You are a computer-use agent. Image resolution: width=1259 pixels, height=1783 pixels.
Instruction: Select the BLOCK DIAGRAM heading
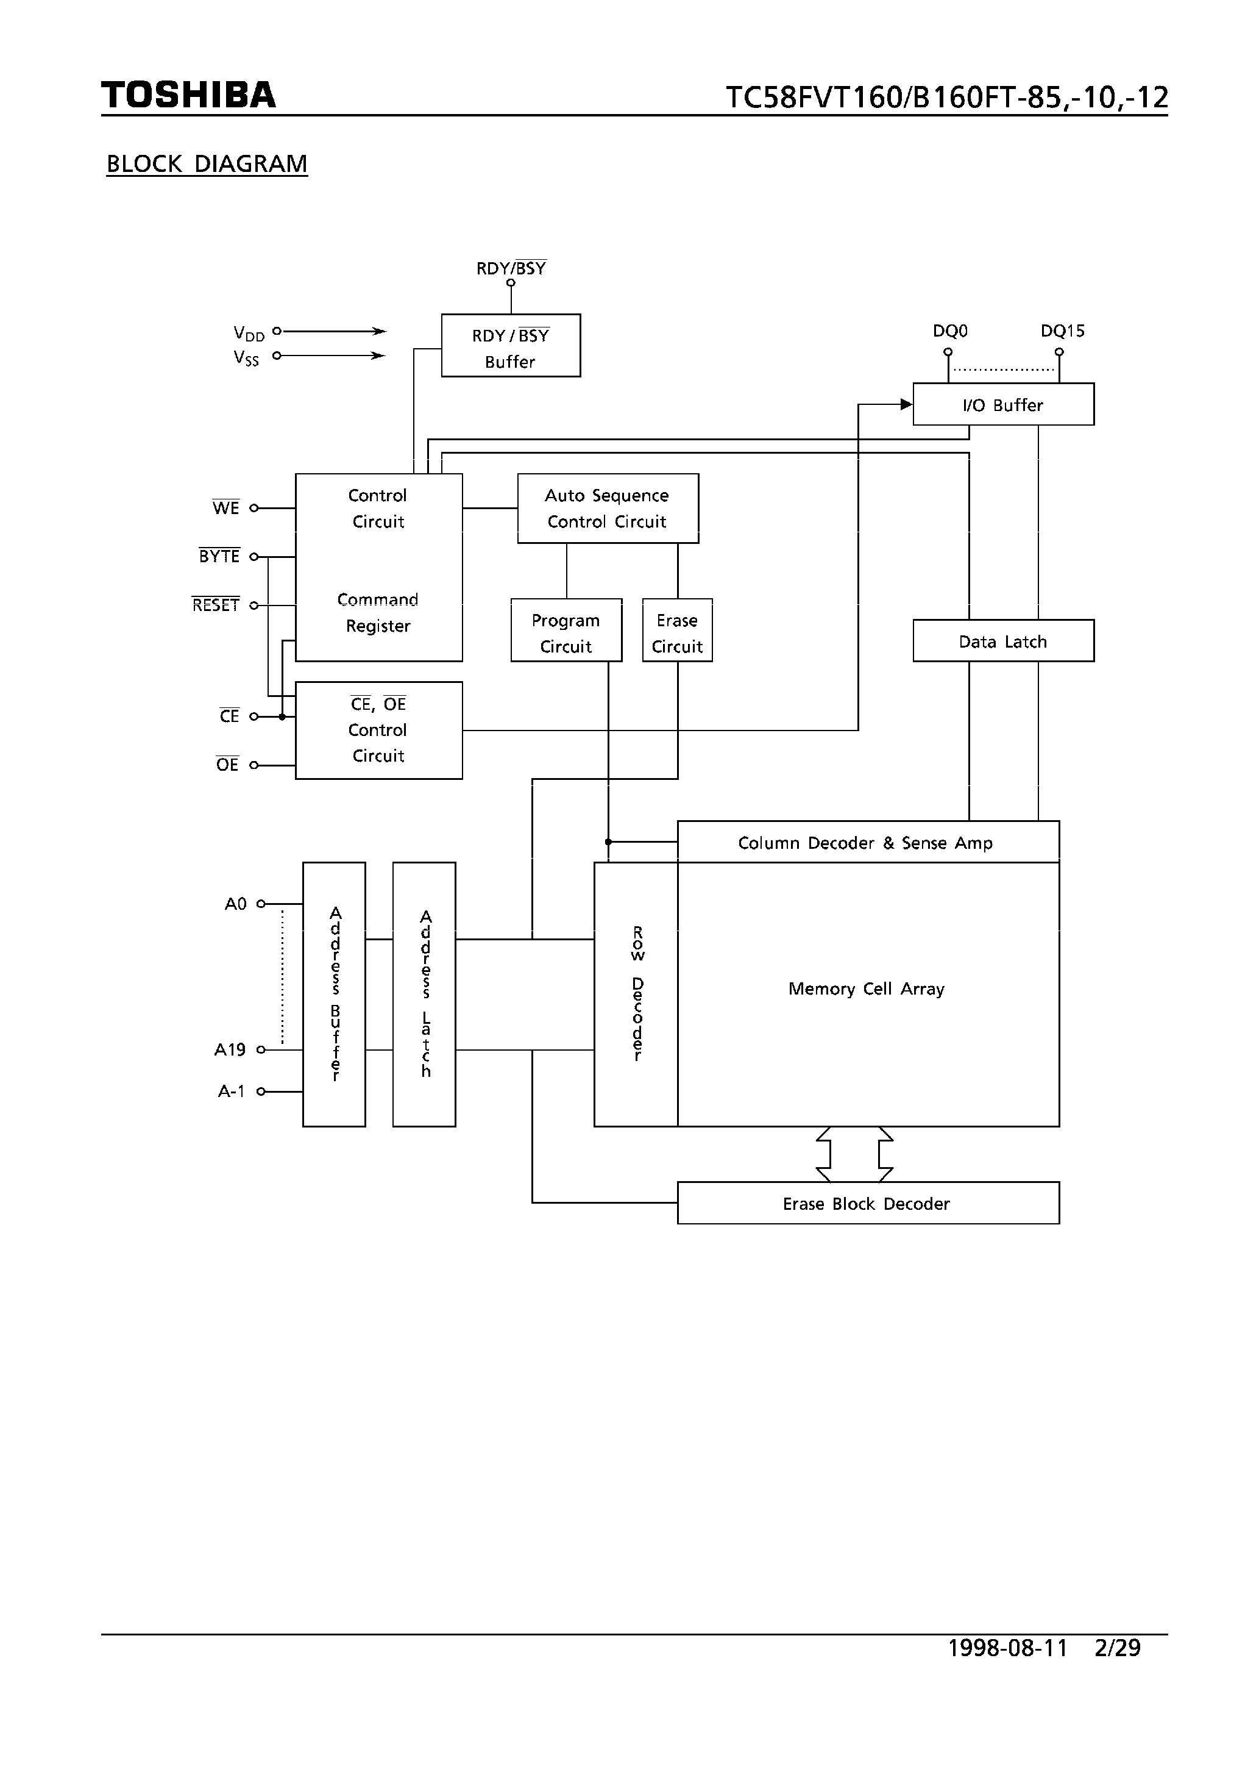[x=207, y=164]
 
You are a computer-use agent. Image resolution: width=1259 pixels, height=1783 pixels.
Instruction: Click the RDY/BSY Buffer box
[x=510, y=346]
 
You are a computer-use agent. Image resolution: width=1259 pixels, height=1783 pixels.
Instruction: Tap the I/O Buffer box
[x=1003, y=405]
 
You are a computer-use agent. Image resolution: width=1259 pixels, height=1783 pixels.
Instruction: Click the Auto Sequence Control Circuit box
[x=607, y=509]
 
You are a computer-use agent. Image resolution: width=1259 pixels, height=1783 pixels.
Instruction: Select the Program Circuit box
[x=566, y=631]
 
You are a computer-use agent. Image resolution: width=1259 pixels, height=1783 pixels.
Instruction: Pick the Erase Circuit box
[x=677, y=631]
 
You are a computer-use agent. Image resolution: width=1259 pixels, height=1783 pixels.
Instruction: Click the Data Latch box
[x=1003, y=641]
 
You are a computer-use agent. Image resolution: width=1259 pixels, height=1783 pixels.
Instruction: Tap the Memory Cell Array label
[x=866, y=988]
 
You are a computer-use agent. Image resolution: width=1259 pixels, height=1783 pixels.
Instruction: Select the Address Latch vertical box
[x=424, y=994]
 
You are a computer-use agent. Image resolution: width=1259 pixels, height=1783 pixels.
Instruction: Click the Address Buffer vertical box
[x=334, y=994]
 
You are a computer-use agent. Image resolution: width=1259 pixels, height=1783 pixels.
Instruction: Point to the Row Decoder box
[x=636, y=994]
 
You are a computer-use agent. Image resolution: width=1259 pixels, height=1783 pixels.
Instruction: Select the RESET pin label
[x=216, y=605]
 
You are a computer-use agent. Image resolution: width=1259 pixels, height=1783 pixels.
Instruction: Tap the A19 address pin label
[x=230, y=1050]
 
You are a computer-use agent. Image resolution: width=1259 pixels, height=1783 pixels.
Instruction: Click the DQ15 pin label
[x=1062, y=331]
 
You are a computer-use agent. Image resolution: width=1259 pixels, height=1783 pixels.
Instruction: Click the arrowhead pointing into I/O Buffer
[x=906, y=404]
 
